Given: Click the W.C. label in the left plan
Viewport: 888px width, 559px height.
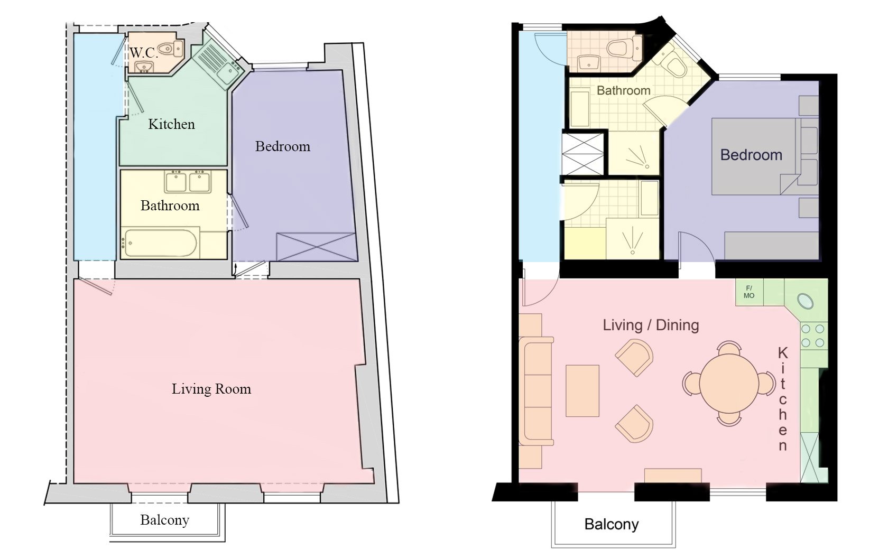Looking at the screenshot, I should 144,52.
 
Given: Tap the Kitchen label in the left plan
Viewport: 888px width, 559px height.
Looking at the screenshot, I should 171,124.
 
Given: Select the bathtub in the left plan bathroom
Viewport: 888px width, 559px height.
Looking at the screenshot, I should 160,244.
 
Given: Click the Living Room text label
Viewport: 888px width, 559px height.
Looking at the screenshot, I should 211,389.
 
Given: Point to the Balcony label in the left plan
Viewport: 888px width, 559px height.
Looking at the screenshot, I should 164,520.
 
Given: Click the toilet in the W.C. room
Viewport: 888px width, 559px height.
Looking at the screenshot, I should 172,49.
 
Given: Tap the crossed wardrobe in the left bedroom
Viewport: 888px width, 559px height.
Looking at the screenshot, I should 316,246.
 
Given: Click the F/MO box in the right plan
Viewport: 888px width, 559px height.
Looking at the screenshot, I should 749,292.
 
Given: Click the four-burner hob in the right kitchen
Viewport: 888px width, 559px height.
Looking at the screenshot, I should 813,336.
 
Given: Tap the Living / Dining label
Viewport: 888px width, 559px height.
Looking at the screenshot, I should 651,325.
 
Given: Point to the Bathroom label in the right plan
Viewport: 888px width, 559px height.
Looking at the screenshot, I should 623,90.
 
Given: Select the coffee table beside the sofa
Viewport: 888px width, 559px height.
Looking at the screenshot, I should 582,391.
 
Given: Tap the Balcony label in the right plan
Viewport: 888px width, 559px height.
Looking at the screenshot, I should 611,524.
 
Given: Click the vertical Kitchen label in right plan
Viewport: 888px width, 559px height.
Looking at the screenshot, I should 783,399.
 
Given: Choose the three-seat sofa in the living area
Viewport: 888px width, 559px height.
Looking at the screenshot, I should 536,392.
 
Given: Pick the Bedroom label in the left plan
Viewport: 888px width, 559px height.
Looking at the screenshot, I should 282,146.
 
